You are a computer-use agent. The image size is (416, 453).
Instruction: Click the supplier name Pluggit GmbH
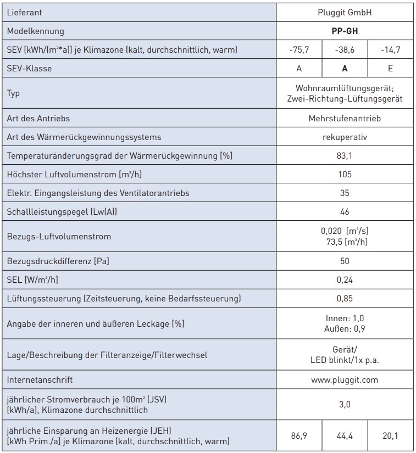click(345, 12)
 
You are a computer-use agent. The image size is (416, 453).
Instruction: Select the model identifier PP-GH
click(345, 31)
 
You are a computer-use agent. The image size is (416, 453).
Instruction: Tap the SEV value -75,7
click(299, 50)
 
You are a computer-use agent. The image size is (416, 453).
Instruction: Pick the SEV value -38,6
click(345, 50)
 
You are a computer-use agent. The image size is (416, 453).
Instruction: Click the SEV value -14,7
click(390, 50)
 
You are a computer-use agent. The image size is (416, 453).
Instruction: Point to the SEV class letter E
click(390, 69)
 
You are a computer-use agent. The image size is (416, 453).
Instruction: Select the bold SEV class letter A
click(345, 69)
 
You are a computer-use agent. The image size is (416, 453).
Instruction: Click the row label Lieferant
click(24, 12)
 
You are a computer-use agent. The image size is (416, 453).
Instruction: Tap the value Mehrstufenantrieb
click(345, 118)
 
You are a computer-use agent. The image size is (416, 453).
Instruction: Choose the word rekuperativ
click(345, 137)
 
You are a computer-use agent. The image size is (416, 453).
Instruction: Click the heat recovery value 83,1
click(345, 155)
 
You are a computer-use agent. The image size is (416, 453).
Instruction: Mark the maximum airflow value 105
click(345, 174)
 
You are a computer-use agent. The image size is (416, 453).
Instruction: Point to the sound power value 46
click(345, 211)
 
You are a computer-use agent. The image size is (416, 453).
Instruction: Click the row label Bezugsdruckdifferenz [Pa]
click(58, 261)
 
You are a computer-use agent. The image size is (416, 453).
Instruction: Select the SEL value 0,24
click(345, 279)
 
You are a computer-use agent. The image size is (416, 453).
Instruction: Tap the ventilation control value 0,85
click(345, 298)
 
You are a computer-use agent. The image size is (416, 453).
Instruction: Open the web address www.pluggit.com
click(345, 379)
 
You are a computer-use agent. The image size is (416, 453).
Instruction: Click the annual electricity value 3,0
click(345, 405)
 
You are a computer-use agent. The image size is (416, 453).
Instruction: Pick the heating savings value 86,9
click(299, 436)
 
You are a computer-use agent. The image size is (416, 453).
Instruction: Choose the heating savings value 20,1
click(390, 436)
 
